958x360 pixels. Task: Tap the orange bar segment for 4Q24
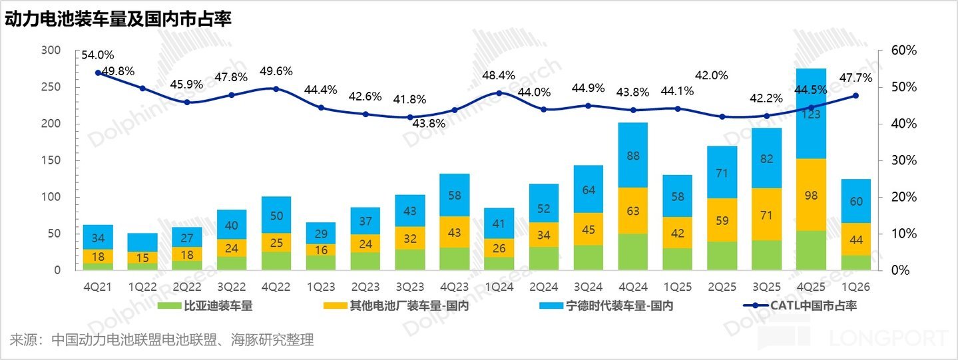632,211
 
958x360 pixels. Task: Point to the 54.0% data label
98,55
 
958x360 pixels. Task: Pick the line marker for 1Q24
499,93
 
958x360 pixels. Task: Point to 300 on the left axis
51,51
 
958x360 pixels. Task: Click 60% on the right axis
904,51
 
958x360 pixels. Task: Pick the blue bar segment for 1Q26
855,201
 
